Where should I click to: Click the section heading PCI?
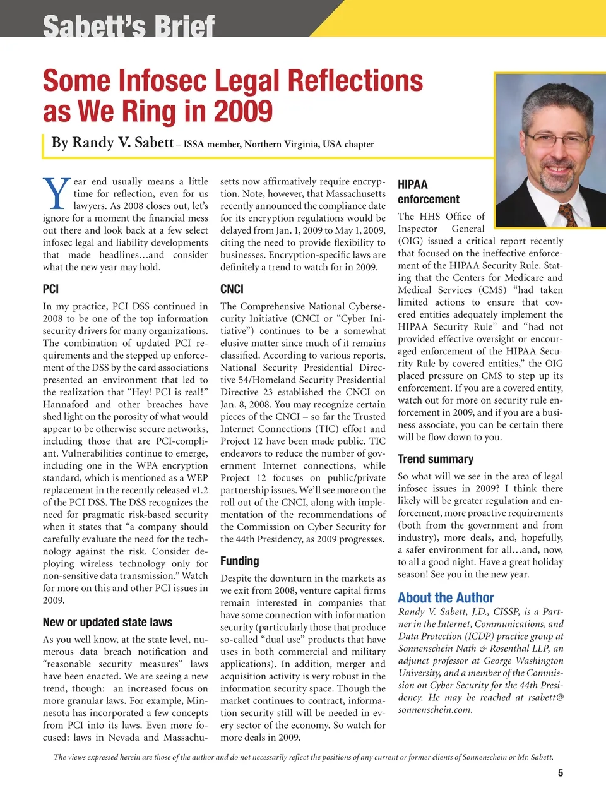(50, 289)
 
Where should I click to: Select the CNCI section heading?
(232, 289)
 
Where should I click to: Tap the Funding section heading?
(239, 561)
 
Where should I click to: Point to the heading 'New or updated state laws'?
(107, 622)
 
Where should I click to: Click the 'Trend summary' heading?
(435, 459)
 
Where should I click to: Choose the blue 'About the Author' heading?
(446, 597)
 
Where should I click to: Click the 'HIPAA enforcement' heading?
(428, 192)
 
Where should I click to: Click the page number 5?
(560, 773)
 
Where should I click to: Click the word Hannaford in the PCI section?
(66, 404)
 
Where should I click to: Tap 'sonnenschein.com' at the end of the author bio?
(435, 710)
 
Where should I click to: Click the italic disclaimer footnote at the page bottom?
(303, 757)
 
